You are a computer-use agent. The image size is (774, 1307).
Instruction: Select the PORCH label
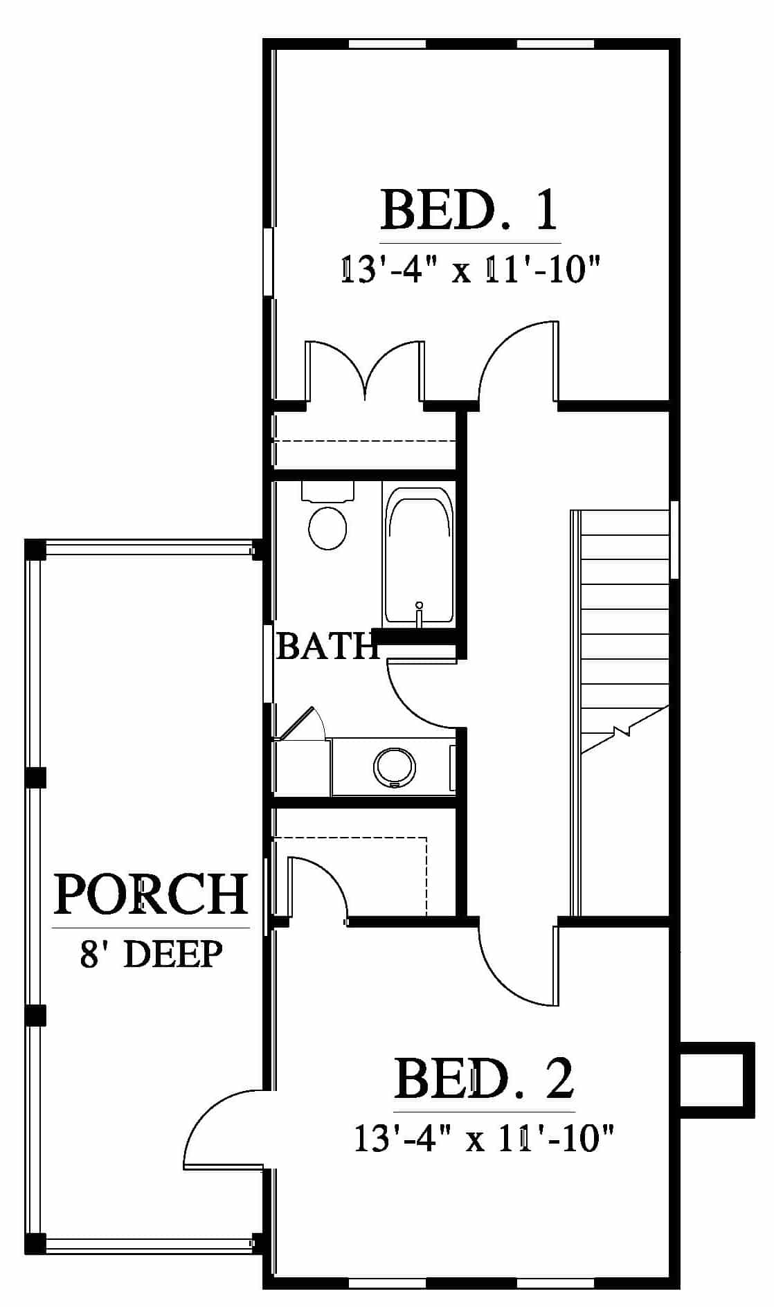point(151,894)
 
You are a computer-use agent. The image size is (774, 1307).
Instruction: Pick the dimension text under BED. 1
point(469,269)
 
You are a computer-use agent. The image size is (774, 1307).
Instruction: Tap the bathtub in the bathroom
point(419,555)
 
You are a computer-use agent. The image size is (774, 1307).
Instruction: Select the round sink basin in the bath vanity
point(395,767)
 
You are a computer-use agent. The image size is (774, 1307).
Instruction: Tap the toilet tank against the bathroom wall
point(328,491)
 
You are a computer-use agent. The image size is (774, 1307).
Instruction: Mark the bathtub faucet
point(419,613)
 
